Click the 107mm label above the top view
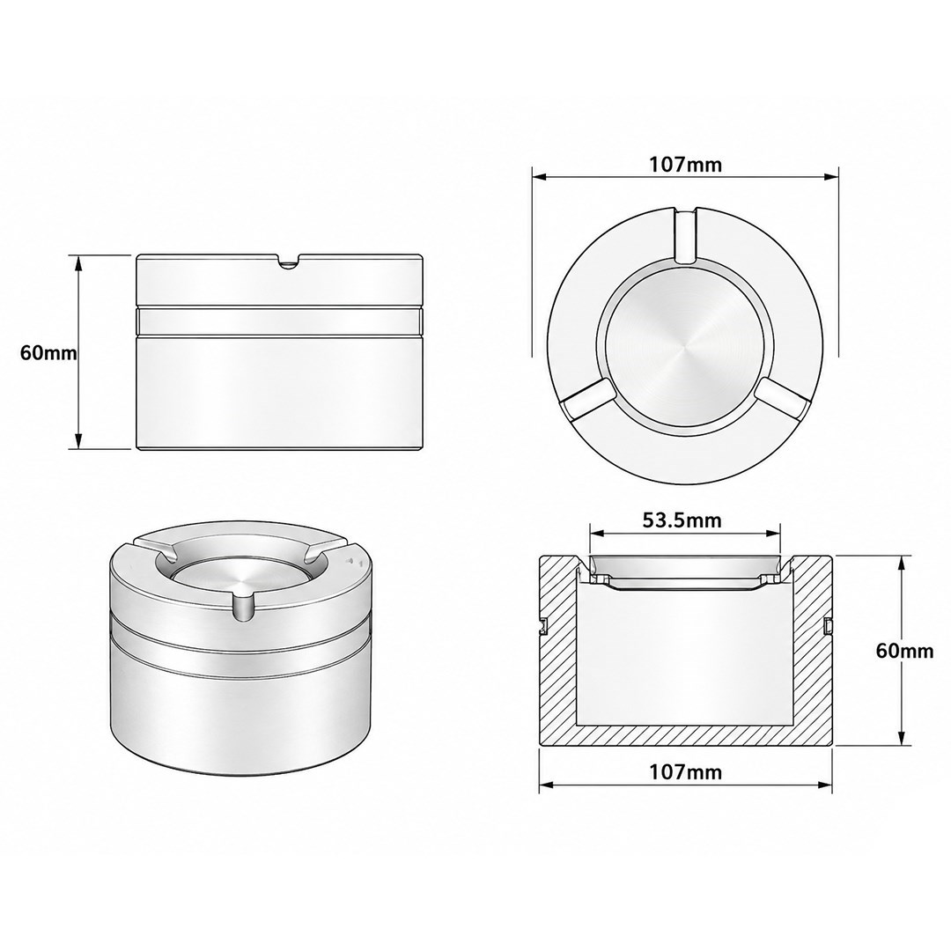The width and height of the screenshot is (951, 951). click(685, 164)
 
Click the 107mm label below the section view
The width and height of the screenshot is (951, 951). click(685, 772)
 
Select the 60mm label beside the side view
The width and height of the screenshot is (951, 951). click(48, 352)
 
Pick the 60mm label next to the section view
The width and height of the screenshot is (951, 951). click(904, 651)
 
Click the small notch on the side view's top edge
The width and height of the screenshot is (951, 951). click(288, 262)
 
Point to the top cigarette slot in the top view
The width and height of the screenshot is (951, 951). click(685, 235)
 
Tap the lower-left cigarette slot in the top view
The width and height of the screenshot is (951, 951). click(584, 400)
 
